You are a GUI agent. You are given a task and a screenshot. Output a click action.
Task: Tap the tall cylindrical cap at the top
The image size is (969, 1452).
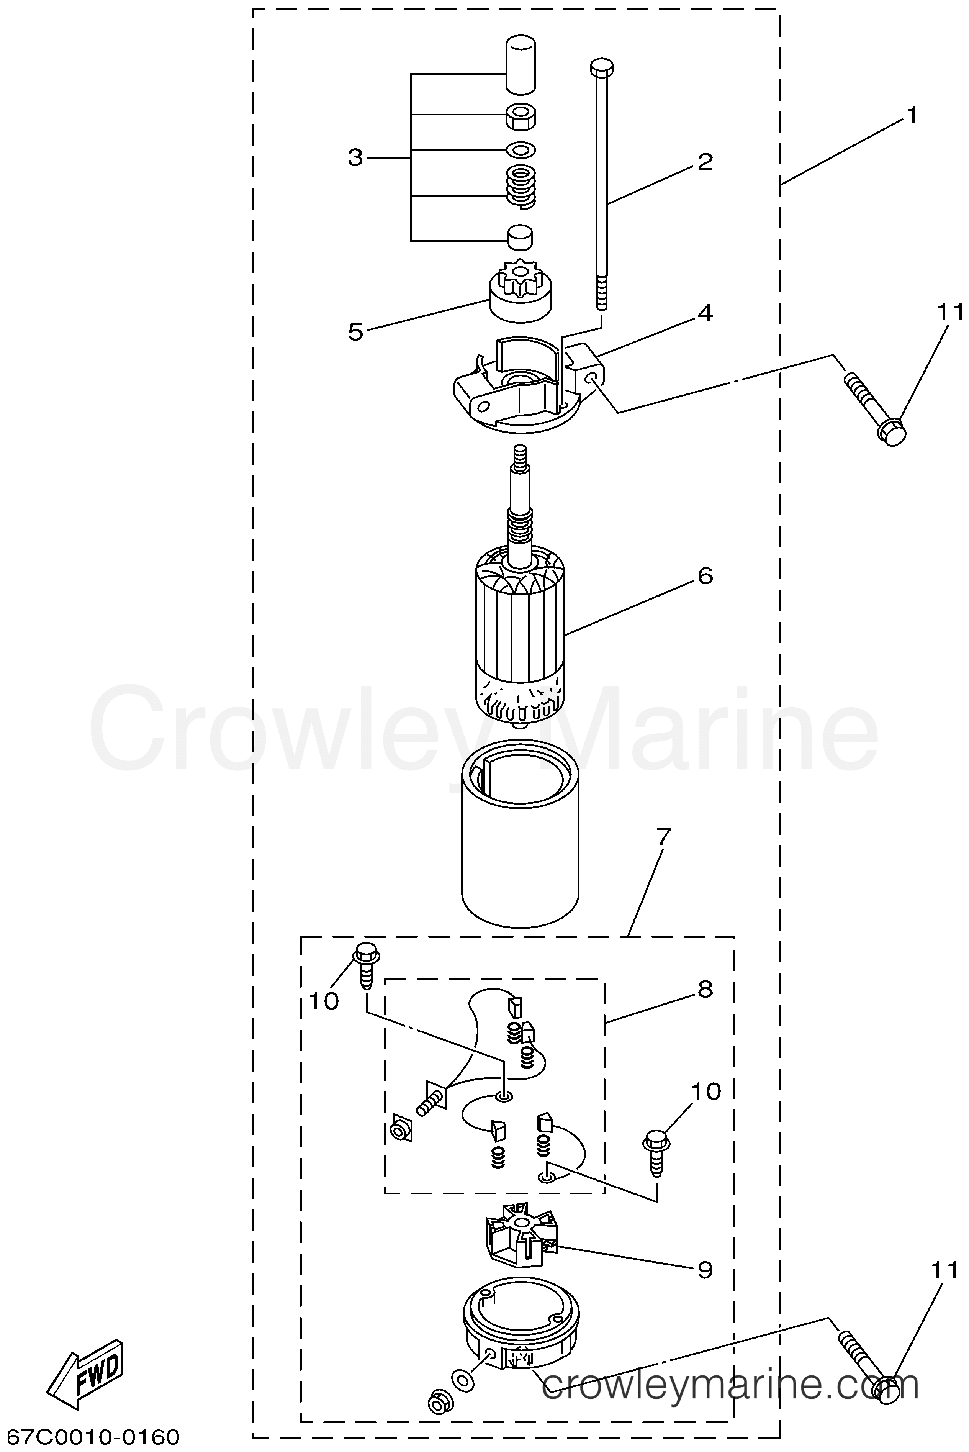pyautogui.click(x=521, y=64)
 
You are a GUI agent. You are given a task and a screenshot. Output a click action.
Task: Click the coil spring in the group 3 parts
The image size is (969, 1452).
pyautogui.click(x=521, y=185)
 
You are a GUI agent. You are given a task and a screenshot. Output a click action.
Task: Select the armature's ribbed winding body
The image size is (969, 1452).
pyautogui.click(x=520, y=634)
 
